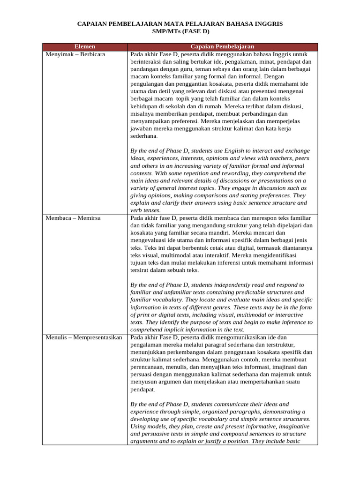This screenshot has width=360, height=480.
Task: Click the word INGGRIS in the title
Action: click(x=267, y=23)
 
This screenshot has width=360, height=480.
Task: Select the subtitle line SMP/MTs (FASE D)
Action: click(x=180, y=31)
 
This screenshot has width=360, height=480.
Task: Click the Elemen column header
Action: click(x=85, y=46)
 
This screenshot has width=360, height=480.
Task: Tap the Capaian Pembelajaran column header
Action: click(x=222, y=46)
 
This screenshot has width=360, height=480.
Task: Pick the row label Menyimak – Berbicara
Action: click(x=75, y=54)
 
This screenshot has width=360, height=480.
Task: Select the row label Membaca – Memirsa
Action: click(x=73, y=218)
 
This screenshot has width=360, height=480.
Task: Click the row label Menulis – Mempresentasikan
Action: click(x=84, y=337)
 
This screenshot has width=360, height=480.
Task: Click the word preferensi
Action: click(x=184, y=121)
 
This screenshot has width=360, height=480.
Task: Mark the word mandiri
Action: click(x=217, y=233)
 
